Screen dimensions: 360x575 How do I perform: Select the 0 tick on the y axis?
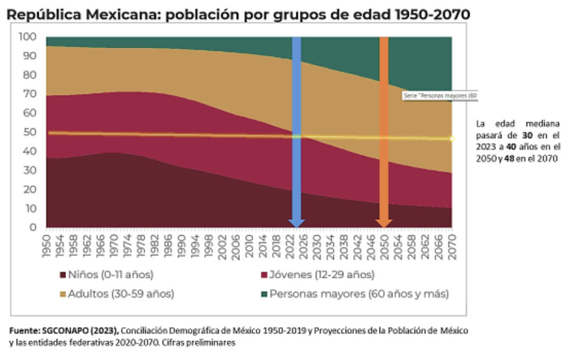(33, 227)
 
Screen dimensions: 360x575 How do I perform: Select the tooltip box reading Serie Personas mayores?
(440, 96)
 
